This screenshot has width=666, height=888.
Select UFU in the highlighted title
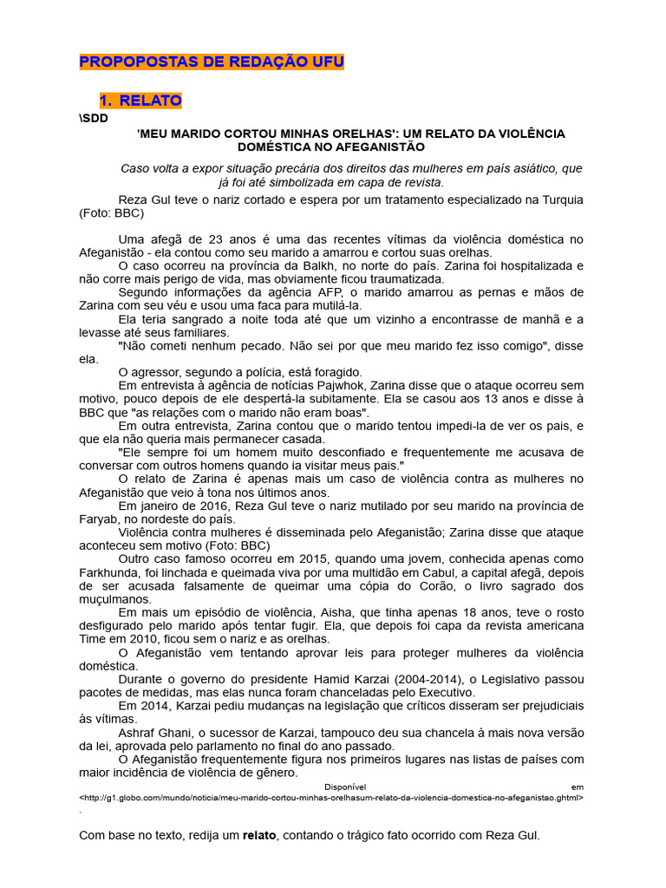(325, 62)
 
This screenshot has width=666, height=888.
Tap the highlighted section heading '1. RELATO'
(140, 101)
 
